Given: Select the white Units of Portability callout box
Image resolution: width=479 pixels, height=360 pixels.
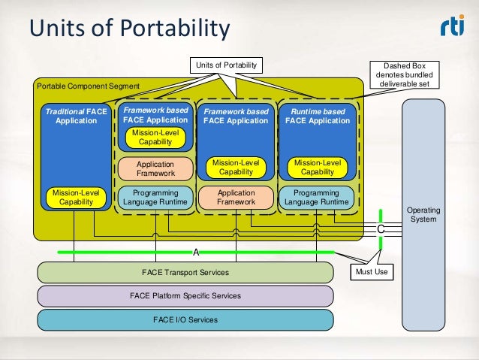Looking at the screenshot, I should pyautogui.click(x=226, y=66).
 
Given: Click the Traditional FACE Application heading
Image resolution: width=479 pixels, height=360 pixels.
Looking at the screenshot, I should pyautogui.click(x=75, y=116).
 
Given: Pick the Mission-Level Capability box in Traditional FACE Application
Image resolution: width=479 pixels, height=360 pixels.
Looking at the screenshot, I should pyautogui.click(x=75, y=197).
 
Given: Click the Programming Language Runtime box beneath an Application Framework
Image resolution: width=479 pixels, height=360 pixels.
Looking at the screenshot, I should pyautogui.click(x=155, y=197).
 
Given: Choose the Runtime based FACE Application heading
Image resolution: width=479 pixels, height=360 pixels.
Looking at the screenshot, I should pyautogui.click(x=318, y=116).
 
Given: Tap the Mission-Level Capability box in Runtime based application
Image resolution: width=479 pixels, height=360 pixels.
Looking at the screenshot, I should pyautogui.click(x=318, y=168).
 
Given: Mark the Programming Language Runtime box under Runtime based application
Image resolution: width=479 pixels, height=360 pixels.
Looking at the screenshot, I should pyautogui.click(x=318, y=197).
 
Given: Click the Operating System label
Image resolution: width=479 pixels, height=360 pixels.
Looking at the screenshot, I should pyautogui.click(x=424, y=214).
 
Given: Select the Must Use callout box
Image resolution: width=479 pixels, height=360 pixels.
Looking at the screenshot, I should pyautogui.click(x=372, y=271).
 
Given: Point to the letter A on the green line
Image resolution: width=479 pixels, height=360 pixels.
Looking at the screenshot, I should pyautogui.click(x=196, y=252).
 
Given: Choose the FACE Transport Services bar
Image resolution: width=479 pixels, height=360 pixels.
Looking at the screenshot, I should pyautogui.click(x=185, y=272).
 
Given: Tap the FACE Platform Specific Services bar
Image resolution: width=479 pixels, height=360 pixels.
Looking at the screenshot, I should pyautogui.click(x=185, y=296).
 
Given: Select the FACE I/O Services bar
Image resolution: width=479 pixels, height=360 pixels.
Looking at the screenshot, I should pyautogui.click(x=185, y=319).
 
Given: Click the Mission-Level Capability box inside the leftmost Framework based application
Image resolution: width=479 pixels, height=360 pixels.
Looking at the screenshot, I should pyautogui.click(x=155, y=138).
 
